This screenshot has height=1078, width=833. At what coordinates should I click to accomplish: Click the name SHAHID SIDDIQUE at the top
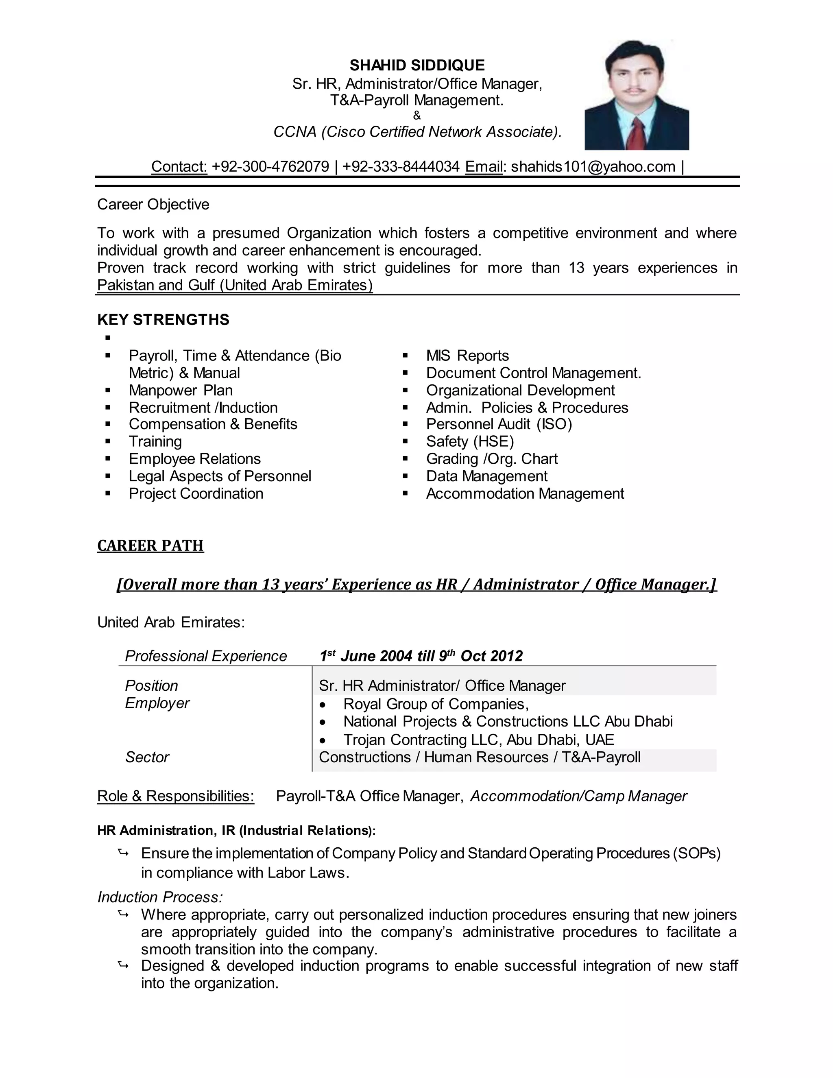tap(417, 65)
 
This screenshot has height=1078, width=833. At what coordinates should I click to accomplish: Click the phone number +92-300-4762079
tap(270, 166)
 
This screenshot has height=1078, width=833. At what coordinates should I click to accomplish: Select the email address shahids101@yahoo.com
tap(593, 166)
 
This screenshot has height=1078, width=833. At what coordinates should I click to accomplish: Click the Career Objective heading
tap(153, 204)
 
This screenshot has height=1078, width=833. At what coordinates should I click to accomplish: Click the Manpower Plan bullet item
tap(181, 391)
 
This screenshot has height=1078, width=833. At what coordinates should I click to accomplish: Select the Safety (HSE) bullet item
tap(470, 441)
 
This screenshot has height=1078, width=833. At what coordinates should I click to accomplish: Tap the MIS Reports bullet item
tap(467, 356)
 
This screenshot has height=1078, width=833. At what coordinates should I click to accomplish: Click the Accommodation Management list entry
tap(525, 493)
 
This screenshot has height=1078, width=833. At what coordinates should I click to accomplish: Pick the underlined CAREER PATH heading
tap(150, 546)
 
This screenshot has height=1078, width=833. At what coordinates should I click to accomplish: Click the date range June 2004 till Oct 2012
tap(421, 656)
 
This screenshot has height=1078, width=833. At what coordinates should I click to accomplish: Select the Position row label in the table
tap(151, 685)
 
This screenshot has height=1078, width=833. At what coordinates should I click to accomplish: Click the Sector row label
tap(147, 757)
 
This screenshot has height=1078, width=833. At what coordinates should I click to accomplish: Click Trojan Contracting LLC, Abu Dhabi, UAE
tap(478, 740)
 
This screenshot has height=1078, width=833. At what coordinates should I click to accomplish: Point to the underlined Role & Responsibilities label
tap(176, 796)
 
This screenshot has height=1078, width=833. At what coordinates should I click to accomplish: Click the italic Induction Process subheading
tap(160, 897)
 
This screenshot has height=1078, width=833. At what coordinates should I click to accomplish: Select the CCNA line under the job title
tap(417, 132)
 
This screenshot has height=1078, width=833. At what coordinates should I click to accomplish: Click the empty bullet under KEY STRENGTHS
tap(107, 338)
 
